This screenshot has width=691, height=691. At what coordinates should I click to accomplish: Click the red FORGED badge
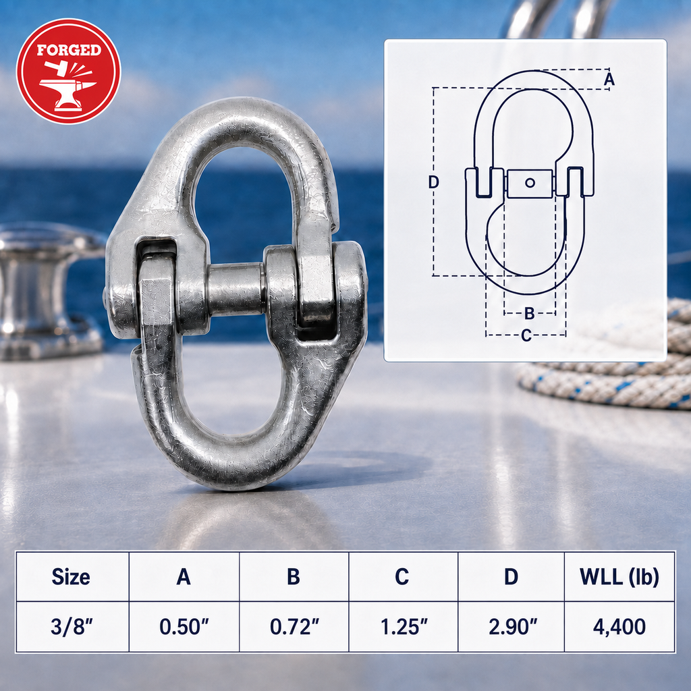point(68,71)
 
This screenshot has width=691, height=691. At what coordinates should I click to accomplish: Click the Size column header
point(71,576)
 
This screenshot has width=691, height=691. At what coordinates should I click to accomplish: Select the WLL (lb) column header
point(619,577)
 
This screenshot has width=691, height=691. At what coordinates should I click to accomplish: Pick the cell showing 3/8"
point(72,627)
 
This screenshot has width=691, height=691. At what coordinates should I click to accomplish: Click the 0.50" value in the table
point(184,627)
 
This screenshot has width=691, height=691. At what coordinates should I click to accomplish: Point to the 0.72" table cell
point(294,627)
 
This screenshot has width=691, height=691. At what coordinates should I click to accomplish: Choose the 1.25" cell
point(404,627)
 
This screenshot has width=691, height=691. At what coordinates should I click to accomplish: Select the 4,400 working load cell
point(619,627)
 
